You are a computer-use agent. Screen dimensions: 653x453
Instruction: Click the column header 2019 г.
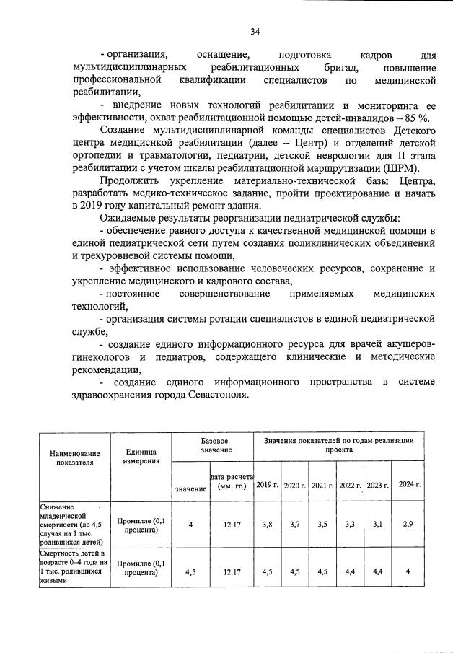point(267,485)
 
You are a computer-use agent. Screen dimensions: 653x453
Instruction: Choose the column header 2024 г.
point(409,485)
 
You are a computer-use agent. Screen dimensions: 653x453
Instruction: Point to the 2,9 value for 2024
point(409,525)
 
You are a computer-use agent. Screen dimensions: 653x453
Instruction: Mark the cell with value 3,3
point(350,525)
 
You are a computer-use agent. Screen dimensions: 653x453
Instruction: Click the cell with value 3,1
point(377,525)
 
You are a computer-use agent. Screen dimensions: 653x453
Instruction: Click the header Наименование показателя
point(74,458)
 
